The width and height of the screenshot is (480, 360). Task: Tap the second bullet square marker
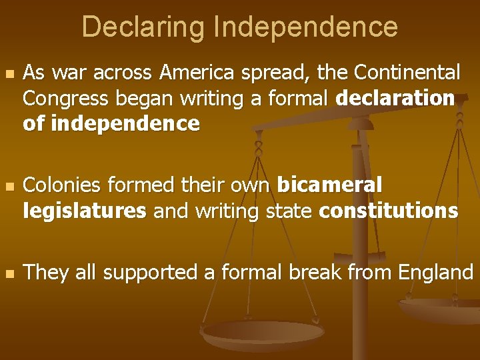pyautogui.click(x=8, y=185)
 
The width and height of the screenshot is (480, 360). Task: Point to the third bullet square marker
pyautogui.click(x=8, y=273)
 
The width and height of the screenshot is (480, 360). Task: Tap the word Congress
pyautogui.click(x=67, y=98)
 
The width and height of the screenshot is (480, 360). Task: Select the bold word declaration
pyautogui.click(x=395, y=98)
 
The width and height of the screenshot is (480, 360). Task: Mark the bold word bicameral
pyautogui.click(x=329, y=185)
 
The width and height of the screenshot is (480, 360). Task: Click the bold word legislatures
pyautogui.click(x=84, y=211)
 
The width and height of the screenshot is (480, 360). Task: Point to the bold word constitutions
pyautogui.click(x=389, y=211)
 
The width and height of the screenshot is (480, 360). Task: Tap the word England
pyautogui.click(x=435, y=273)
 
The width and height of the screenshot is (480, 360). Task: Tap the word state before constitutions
pyautogui.click(x=292, y=211)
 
